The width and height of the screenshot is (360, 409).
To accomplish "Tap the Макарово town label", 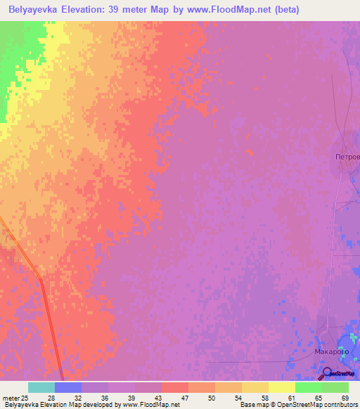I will (332, 350).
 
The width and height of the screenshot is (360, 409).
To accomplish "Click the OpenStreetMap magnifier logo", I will (328, 373).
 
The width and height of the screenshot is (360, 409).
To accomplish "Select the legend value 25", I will (27, 397).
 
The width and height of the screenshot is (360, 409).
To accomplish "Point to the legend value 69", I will (345, 397).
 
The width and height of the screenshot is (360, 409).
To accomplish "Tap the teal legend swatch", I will (41, 387).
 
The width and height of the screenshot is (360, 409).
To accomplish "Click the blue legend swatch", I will (68, 387).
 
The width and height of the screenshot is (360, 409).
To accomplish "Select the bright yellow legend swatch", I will (282, 387).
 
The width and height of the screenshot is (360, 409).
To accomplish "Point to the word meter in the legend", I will (11, 397).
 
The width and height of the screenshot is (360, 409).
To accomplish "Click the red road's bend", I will (41, 280).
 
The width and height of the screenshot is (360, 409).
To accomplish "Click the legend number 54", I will (238, 397).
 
